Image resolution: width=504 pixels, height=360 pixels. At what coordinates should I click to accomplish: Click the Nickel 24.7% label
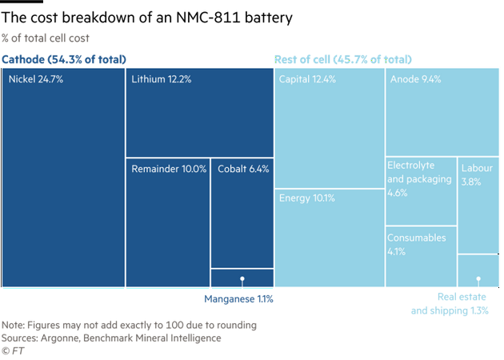tap(37, 79)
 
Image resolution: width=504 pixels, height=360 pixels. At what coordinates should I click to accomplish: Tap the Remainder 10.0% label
tap(169, 169)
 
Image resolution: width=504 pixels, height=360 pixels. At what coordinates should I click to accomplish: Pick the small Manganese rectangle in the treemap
tap(242, 278)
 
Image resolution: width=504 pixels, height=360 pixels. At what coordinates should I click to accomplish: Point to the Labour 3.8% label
tap(478, 175)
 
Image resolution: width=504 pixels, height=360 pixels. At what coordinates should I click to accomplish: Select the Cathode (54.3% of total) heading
tap(64, 60)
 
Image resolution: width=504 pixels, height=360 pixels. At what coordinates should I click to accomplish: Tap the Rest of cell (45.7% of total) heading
tap(343, 60)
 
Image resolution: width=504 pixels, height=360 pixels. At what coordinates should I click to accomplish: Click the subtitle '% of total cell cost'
tap(46, 37)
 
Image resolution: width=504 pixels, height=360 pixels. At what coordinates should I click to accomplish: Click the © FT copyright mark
tap(11, 350)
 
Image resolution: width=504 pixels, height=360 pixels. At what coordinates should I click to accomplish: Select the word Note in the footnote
tap(12, 326)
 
